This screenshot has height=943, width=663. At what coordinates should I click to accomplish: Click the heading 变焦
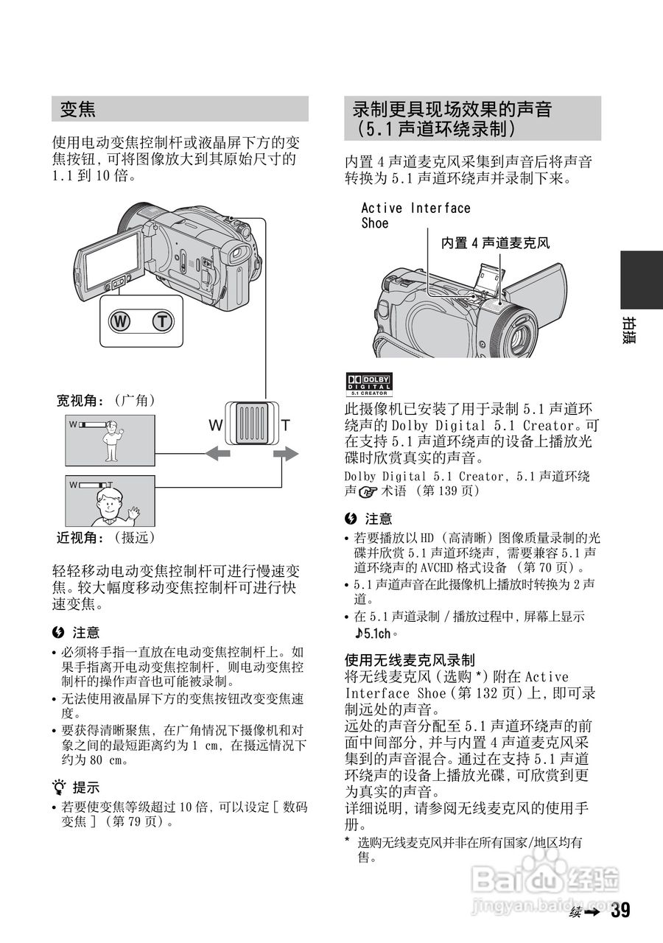78,110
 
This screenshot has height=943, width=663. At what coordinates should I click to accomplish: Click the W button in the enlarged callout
118,321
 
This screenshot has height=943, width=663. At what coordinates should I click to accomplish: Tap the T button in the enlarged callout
162,321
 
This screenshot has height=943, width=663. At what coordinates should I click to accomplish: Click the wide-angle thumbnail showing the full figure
110,440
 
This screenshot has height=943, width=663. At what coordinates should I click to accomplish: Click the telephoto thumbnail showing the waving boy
110,501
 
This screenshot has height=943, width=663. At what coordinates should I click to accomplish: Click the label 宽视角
80,400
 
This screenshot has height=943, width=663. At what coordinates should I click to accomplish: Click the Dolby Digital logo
369,384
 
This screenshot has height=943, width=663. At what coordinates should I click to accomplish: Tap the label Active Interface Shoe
415,215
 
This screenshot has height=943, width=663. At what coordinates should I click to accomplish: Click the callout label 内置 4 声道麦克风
495,242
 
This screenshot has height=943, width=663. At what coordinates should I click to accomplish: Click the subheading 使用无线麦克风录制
410,659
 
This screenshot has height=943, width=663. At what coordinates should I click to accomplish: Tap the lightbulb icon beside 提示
59,787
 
